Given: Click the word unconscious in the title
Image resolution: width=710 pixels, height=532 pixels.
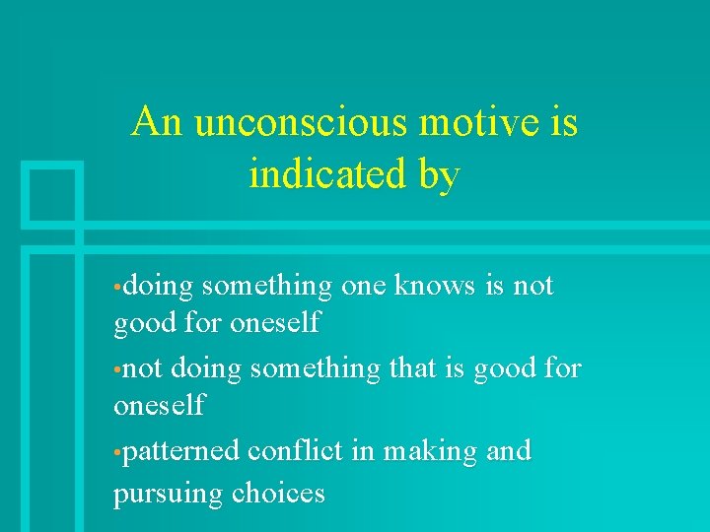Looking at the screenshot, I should (x=301, y=123).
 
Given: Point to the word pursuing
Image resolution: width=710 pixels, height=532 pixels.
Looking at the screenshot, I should (x=169, y=493).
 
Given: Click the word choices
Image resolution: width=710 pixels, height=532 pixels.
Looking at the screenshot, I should (x=279, y=492).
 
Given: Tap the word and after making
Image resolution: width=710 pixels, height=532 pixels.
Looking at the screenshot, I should (x=508, y=451).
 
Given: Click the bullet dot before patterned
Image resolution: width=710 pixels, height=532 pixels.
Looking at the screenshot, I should (x=117, y=453).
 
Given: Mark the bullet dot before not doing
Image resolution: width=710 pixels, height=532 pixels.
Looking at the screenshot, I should (x=117, y=370).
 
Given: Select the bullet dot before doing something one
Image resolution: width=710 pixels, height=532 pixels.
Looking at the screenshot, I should (x=117, y=289).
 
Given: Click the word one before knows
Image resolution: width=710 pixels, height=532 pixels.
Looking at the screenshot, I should (x=363, y=287).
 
